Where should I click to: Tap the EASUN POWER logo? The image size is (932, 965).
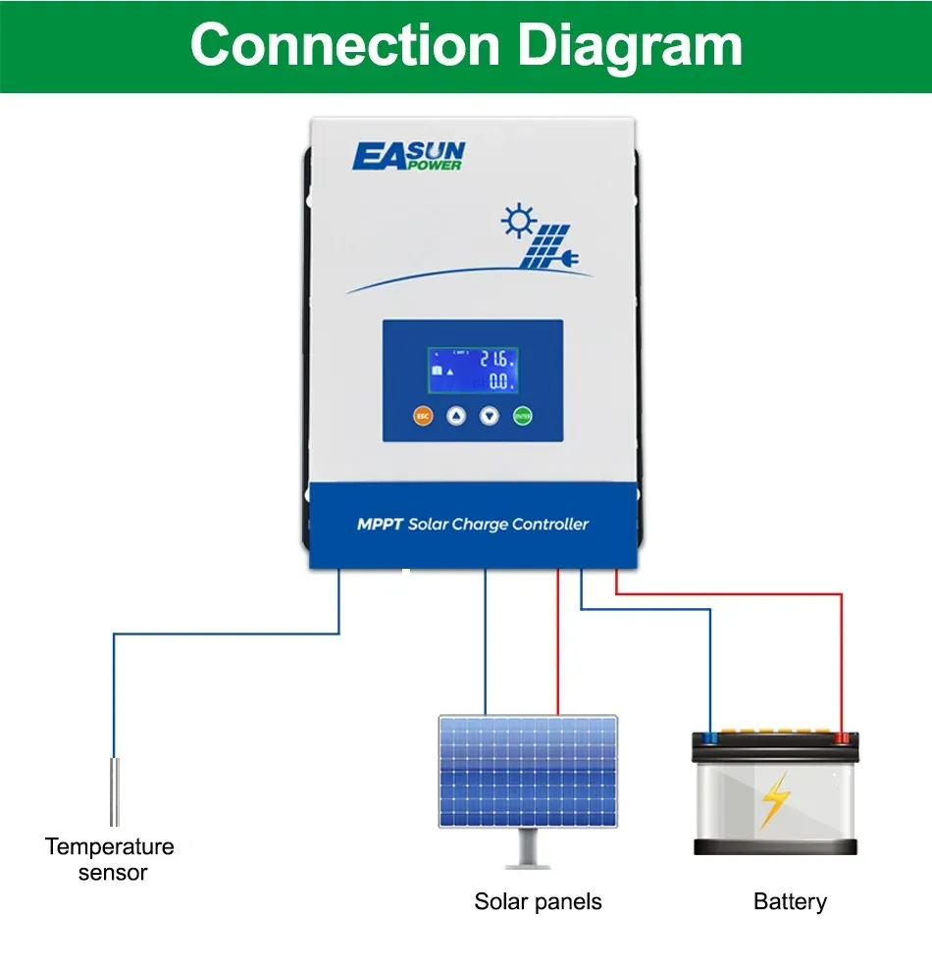point(408,156)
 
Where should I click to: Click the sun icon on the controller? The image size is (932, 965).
point(516,221)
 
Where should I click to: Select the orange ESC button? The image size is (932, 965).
point(423,416)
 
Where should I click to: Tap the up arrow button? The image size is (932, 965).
point(456,416)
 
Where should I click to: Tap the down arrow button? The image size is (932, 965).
point(490,416)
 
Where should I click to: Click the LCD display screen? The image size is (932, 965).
point(472,372)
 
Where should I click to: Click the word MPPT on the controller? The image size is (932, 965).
point(380,525)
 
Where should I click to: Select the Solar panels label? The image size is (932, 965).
point(538,901)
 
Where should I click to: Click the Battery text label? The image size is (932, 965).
point(790,901)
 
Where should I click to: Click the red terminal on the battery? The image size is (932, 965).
point(841,736)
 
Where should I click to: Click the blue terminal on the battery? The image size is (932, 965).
point(708,736)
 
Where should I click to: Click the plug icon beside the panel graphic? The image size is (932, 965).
point(567,259)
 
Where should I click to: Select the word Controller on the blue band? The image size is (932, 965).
point(549,525)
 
